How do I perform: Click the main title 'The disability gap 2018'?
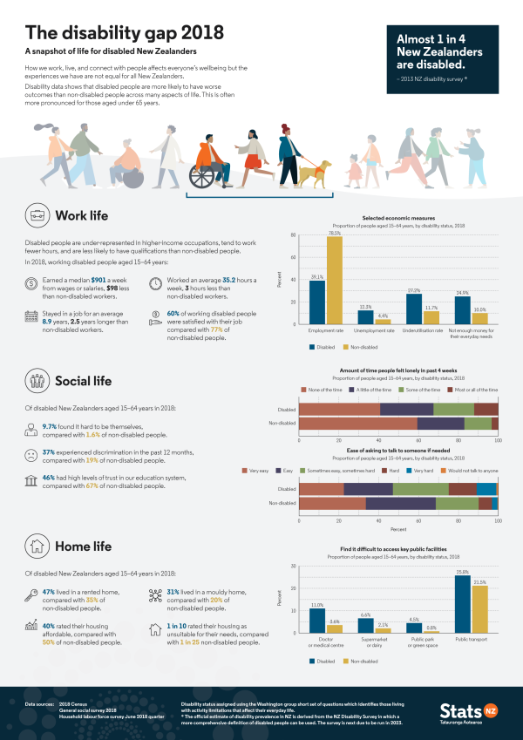point(124,32)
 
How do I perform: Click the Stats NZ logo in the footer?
point(462,711)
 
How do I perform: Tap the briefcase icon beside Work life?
point(37,215)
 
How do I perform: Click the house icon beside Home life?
point(37,547)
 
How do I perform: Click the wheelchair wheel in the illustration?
point(203,173)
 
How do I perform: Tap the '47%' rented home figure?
point(50,591)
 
